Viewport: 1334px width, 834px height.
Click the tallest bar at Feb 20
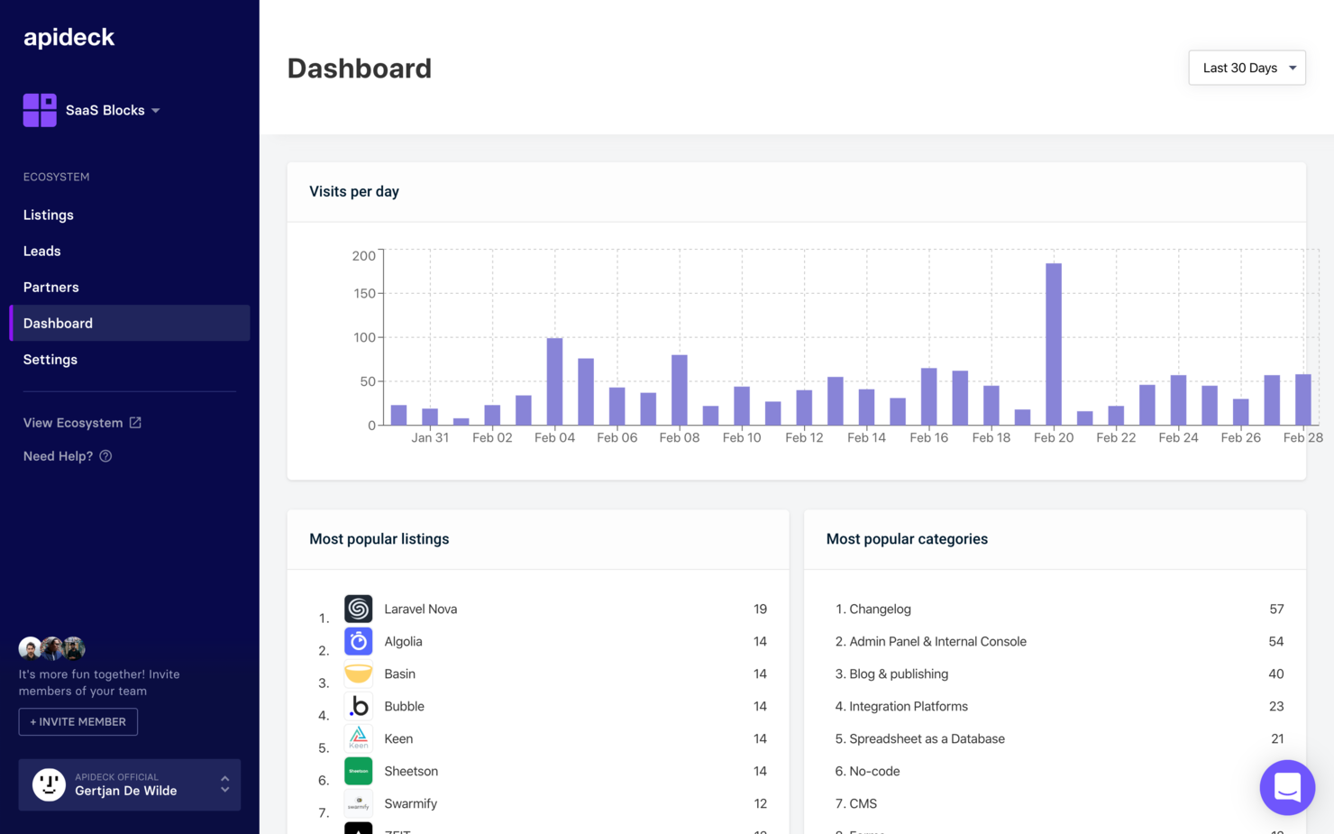pyautogui.click(x=1053, y=344)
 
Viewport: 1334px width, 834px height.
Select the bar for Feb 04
pyautogui.click(x=554, y=381)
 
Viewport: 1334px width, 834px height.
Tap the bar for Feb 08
pyautogui.click(x=679, y=390)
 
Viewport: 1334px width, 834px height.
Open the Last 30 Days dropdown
pyautogui.click(x=1247, y=68)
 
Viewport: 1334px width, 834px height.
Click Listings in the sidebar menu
pyautogui.click(x=49, y=215)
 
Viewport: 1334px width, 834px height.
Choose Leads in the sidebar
pyautogui.click(x=42, y=251)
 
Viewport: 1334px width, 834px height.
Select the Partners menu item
pyautogui.click(x=51, y=287)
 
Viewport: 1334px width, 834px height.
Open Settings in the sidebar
pyautogui.click(x=50, y=359)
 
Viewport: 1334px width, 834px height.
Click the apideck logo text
pyautogui.click(x=69, y=37)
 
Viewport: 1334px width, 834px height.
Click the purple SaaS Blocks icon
pyautogui.click(x=40, y=110)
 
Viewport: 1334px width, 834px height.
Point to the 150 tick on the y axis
pyautogui.click(x=364, y=293)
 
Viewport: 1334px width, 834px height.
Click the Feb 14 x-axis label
pyautogui.click(x=866, y=437)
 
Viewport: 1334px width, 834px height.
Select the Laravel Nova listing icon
pyautogui.click(x=358, y=609)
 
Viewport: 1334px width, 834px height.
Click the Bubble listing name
pyautogui.click(x=404, y=706)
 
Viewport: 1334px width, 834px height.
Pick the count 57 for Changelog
pyautogui.click(x=1276, y=609)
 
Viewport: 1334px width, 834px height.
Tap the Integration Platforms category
pyautogui.click(x=908, y=706)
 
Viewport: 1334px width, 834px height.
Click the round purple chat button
pyautogui.click(x=1287, y=787)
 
